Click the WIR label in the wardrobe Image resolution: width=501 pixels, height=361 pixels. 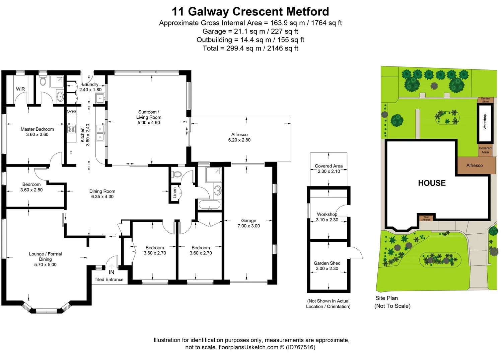tap(20, 89)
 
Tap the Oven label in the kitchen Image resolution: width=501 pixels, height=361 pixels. tap(71, 111)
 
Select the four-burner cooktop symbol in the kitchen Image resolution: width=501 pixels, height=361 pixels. tap(71, 129)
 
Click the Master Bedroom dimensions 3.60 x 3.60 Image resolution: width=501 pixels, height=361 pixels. tap(37, 135)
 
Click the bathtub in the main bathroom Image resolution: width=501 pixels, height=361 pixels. tap(210, 205)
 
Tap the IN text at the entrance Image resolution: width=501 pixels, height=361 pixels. tap(112, 272)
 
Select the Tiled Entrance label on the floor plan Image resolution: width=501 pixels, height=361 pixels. tap(109, 279)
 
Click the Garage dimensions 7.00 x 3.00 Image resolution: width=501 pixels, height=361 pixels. tap(248, 226)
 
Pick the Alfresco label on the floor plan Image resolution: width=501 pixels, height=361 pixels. tap(239, 134)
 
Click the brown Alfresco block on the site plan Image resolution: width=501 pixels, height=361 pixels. tap(475, 165)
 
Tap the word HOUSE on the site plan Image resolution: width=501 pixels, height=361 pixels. tap(432, 183)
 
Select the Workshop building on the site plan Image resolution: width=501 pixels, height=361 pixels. tap(485, 122)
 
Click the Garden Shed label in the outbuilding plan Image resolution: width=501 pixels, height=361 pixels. tap(327, 263)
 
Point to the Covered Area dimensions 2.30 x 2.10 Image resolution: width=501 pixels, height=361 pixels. tap(329, 171)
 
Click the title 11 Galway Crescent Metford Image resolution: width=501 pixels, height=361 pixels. tap(250, 12)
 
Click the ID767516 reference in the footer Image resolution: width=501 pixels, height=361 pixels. tap(300, 347)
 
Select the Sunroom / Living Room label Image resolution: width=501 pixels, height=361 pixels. tap(149, 115)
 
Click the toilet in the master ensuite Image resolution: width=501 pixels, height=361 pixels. tap(43, 81)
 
